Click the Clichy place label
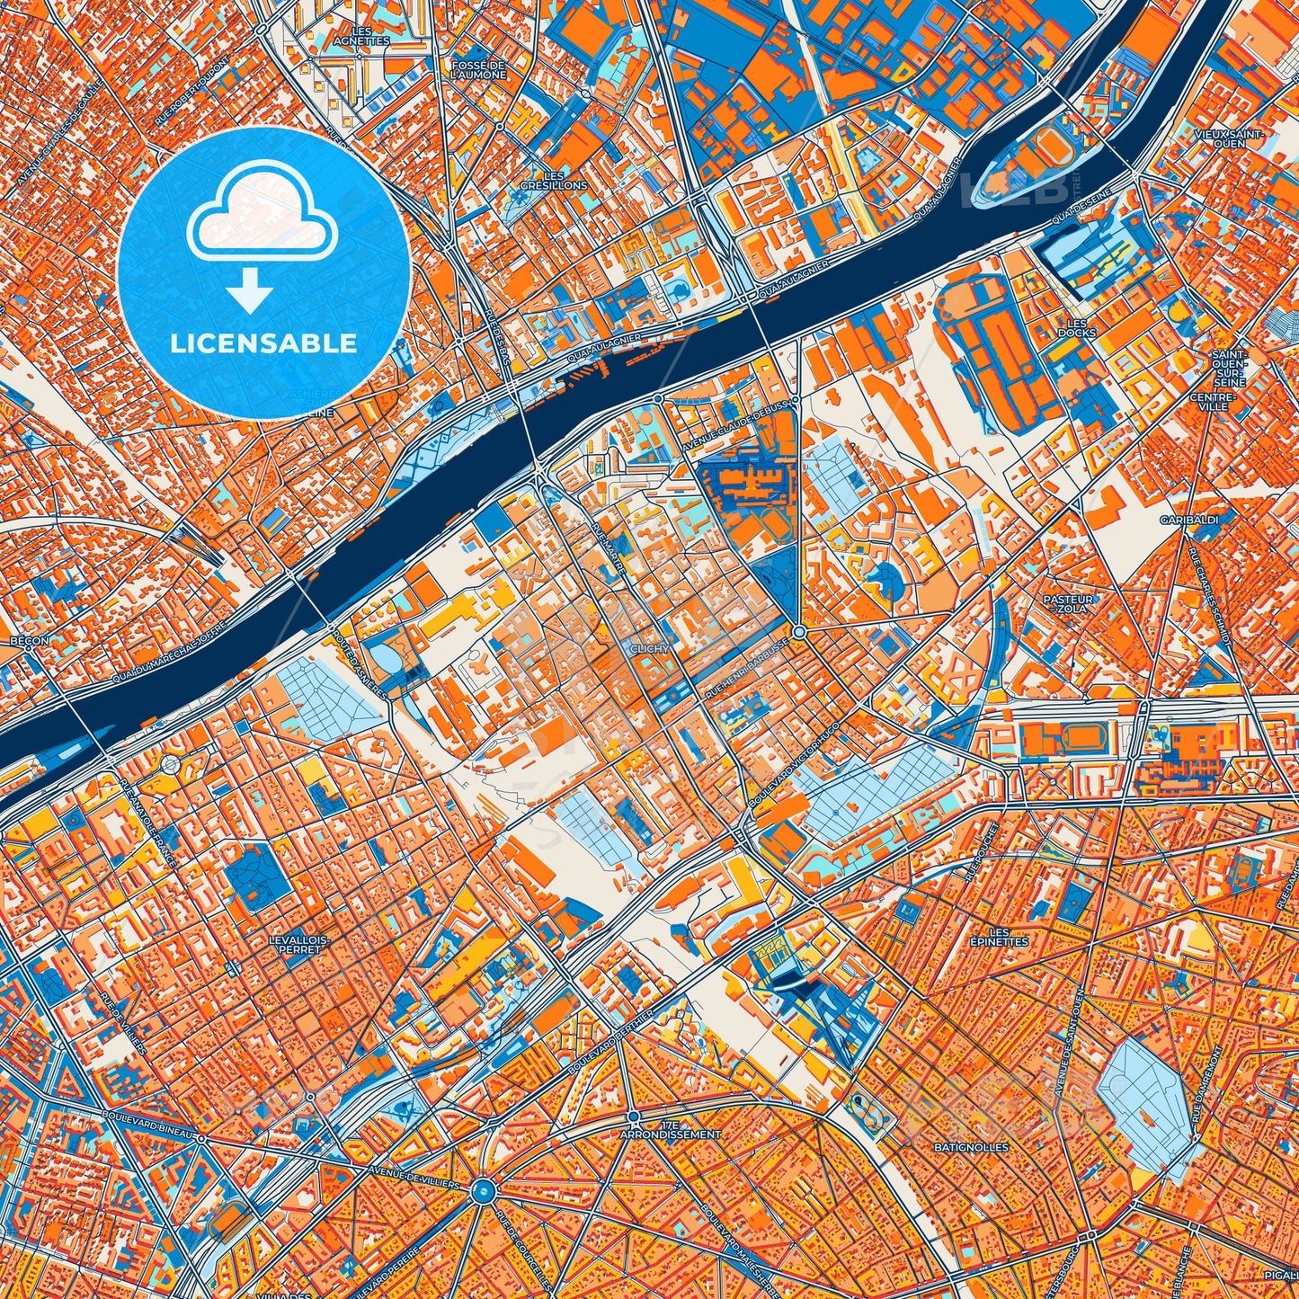650,648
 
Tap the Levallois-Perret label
299,944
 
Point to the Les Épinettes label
998,937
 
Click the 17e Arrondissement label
670,1130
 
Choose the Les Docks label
1076,328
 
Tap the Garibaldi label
1188,520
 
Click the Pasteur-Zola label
1068,603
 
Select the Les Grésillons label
554,180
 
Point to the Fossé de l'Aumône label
479,70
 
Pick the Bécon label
29,641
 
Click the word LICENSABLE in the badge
263,343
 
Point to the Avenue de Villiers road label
414,1178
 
